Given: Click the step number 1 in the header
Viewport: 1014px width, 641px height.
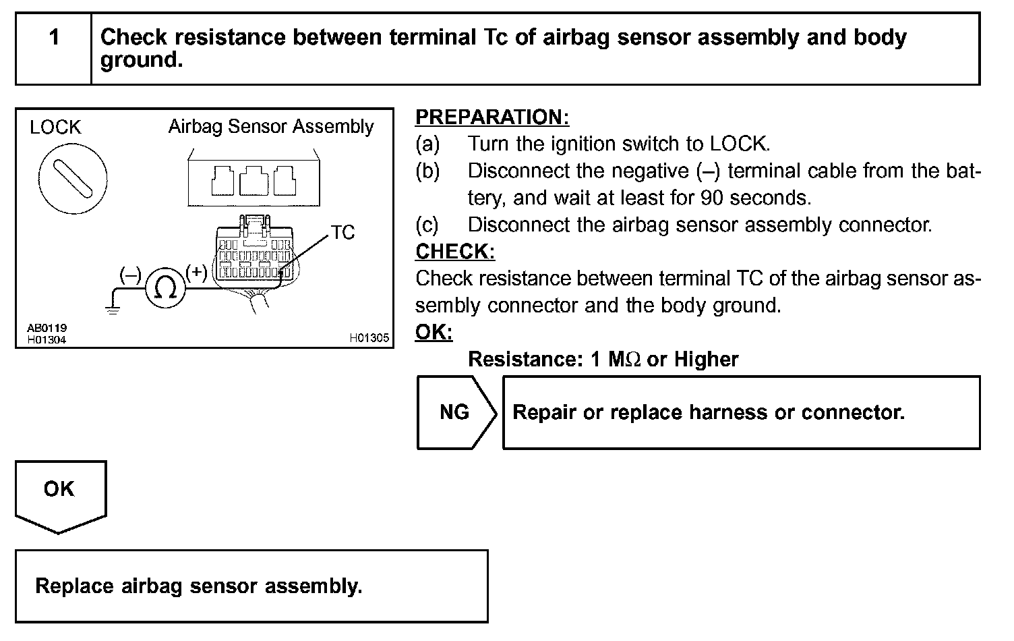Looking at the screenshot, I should click(54, 38).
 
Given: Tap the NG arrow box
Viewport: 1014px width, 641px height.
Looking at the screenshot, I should click(456, 412).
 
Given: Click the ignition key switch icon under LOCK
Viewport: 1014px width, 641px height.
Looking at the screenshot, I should click(73, 179).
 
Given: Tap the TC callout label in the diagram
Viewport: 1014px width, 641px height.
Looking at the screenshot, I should click(342, 233).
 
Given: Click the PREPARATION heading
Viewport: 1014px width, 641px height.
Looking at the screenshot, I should click(492, 117).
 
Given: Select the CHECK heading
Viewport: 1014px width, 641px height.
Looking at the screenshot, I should click(455, 252).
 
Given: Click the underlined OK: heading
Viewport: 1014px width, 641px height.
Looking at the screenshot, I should click(434, 332).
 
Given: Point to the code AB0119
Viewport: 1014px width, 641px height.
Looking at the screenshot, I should click(47, 329).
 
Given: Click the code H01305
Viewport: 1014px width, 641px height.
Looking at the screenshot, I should click(369, 338).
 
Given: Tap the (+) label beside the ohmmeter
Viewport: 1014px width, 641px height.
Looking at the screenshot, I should click(196, 272).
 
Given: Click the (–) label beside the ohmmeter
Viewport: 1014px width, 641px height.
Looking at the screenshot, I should click(130, 275).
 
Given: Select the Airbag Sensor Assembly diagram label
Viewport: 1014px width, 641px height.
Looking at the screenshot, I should click(271, 127).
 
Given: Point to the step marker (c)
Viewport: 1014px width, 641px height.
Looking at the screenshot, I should click(427, 225).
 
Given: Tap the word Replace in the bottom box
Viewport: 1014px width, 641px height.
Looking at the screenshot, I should click(74, 586).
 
